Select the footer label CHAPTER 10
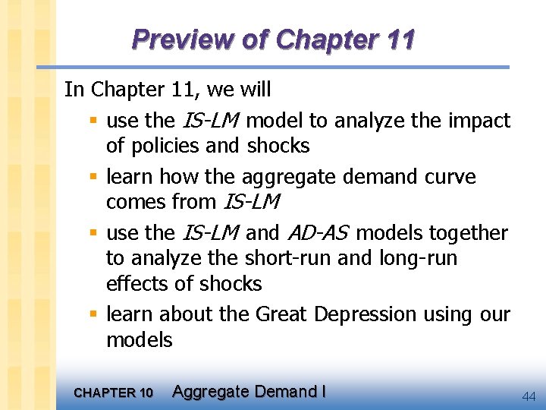pos(113,393)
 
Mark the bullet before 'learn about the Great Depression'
pos(92,314)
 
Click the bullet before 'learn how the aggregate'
pos(92,177)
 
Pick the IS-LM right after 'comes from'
pos(253,203)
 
